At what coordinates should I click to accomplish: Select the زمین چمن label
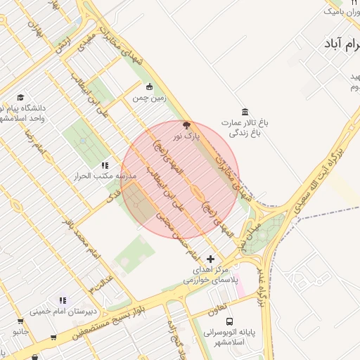coord(150,98)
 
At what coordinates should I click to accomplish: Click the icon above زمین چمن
coord(149,87)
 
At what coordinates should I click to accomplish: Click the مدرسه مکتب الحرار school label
coord(103,176)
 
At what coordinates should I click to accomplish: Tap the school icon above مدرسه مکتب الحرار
coord(105,165)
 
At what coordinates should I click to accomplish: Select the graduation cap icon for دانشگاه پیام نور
coord(21,97)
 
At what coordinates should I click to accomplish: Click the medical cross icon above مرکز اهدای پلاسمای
coord(210,259)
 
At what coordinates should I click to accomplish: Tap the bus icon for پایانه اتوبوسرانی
coord(231,318)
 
